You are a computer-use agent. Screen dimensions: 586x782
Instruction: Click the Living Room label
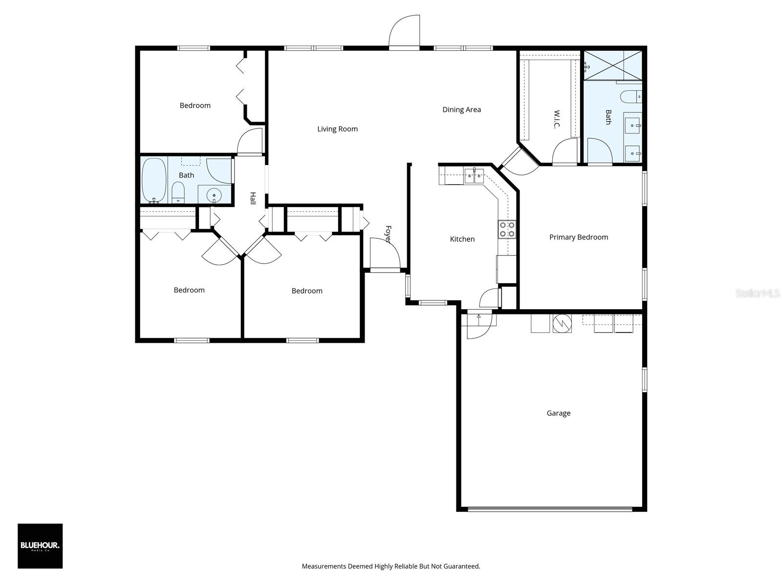click(337, 129)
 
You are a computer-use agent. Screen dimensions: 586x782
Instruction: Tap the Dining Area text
click(461, 109)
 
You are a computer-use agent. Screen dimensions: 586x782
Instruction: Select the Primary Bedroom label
click(578, 237)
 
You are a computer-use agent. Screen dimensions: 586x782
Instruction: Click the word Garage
click(558, 413)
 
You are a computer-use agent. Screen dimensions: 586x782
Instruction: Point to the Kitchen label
click(462, 239)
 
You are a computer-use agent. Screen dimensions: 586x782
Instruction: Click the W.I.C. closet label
click(557, 120)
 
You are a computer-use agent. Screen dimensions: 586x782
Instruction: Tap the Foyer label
click(388, 234)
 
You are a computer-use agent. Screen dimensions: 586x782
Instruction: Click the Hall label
click(253, 198)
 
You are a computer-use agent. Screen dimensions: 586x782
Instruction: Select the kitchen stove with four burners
click(507, 229)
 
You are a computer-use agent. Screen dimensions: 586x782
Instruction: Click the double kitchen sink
click(474, 175)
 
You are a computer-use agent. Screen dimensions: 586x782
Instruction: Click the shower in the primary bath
click(612, 64)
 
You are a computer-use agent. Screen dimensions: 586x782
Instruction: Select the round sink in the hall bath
click(214, 196)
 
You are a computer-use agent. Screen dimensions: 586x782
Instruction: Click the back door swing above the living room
click(405, 31)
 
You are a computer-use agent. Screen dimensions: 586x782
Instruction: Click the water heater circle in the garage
click(562, 323)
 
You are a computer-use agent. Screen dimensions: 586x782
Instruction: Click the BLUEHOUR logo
click(40, 546)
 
